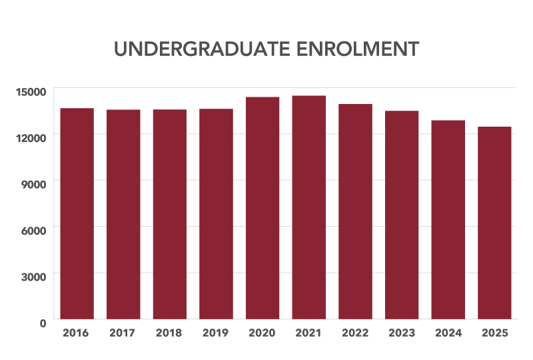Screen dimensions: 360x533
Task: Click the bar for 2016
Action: pos(77,213)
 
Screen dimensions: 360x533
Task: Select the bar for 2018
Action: pos(169,214)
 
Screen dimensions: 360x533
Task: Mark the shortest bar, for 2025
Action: pos(494,223)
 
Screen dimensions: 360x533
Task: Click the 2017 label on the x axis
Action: pos(123,332)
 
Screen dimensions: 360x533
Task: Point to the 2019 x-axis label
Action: pos(216,332)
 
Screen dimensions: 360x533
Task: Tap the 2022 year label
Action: pos(355,332)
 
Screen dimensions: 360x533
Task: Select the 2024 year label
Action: pos(448,332)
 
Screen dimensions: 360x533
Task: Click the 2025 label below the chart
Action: pos(494,332)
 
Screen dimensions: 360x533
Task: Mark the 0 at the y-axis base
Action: pos(42,322)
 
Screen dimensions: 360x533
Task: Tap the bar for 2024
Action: pos(448,219)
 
